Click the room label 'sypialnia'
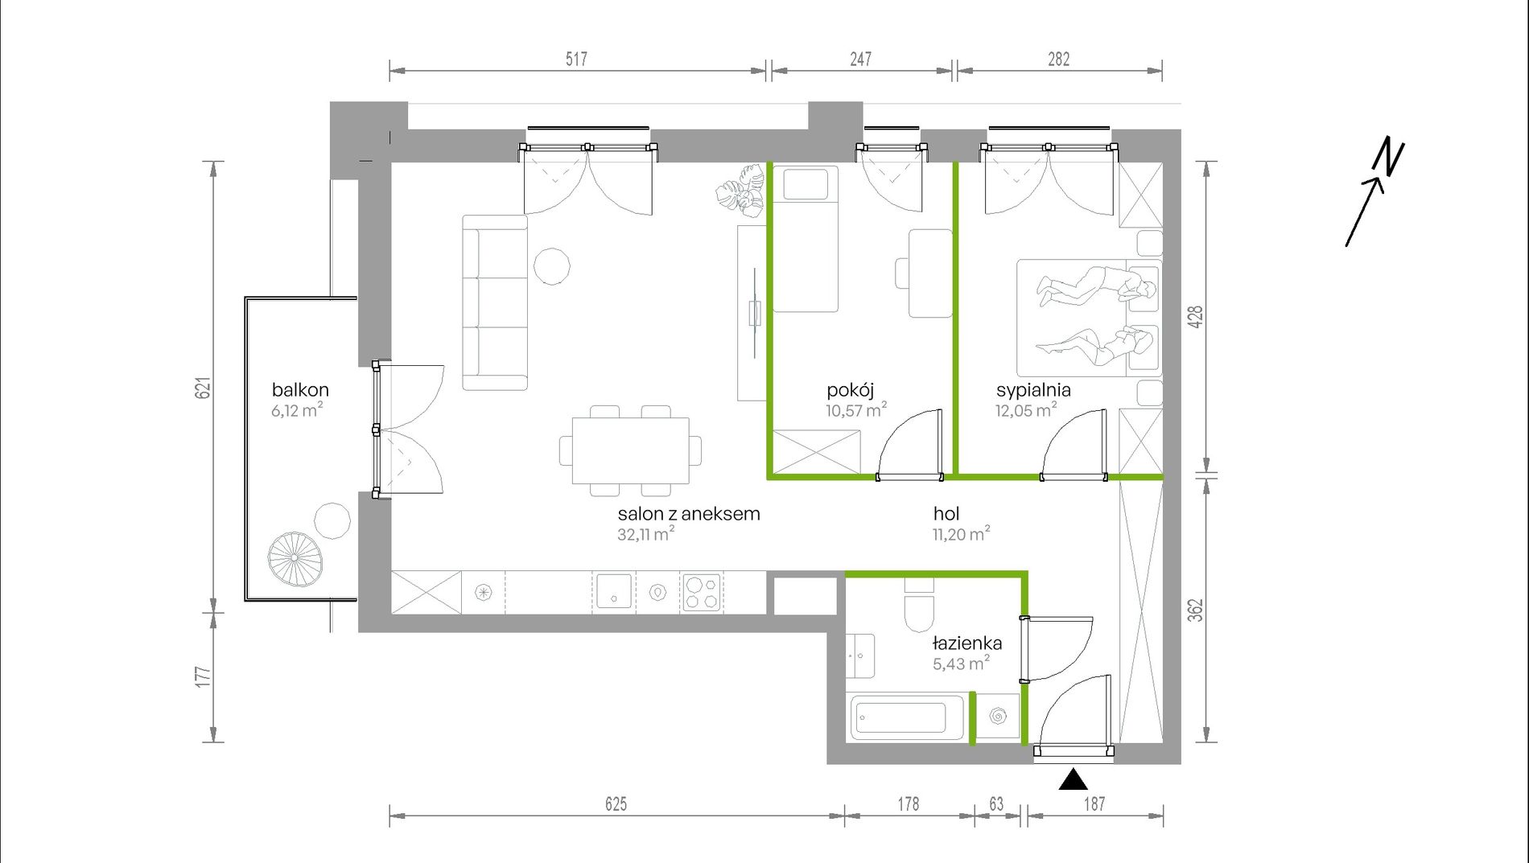point(1033,391)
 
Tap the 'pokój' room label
point(850,391)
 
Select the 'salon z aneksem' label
point(689,514)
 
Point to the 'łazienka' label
point(967,643)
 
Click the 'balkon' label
point(300,390)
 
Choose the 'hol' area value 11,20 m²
point(961,534)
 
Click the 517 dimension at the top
point(576,59)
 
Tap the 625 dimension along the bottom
point(616,803)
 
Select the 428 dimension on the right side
point(1196,316)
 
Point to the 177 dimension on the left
point(204,676)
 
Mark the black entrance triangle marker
point(1073,779)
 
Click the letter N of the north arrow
point(1389,157)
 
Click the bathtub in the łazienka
point(906,717)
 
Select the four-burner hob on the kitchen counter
point(701,594)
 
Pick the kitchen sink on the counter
point(614,593)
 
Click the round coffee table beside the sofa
point(552,265)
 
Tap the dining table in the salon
point(631,450)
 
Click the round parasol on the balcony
point(295,559)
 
